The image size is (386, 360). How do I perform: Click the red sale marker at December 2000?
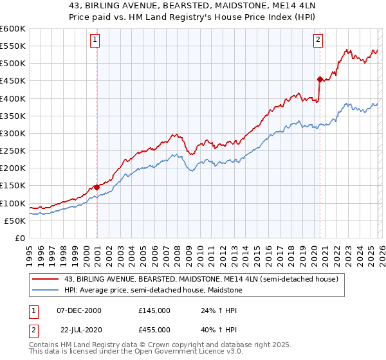[96, 187]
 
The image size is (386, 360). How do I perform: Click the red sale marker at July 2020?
[320, 79]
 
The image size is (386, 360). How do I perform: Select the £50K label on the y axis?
[15, 221]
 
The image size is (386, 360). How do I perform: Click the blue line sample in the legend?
[46, 290]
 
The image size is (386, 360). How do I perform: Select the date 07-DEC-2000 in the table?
[78, 310]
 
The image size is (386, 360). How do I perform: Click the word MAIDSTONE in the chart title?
[226, 6]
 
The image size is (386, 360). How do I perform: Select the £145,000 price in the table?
[154, 310]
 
